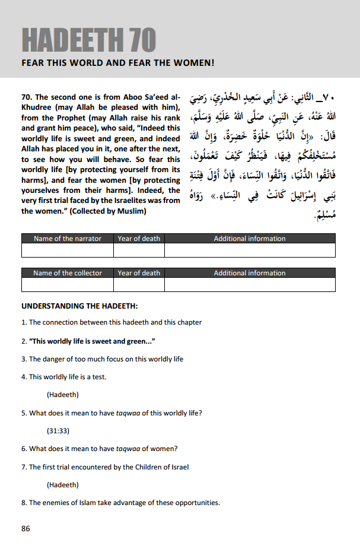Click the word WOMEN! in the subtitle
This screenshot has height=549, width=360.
pyautogui.click(x=192, y=62)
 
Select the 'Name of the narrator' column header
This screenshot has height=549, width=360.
pyautogui.click(x=68, y=239)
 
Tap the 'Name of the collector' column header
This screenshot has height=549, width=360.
pyautogui.click(x=68, y=273)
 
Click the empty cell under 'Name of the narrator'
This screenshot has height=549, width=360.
pyautogui.click(x=68, y=250)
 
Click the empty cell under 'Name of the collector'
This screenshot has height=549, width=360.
pyautogui.click(x=68, y=284)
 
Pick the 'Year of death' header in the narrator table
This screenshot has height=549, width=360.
pyautogui.click(x=139, y=239)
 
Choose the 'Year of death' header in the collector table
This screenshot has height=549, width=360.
pyautogui.click(x=139, y=273)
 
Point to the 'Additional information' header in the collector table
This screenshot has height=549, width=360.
pyautogui.click(x=250, y=273)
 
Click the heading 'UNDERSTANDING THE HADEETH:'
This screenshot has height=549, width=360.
pyautogui.click(x=79, y=306)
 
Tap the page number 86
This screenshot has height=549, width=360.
pyautogui.click(x=26, y=528)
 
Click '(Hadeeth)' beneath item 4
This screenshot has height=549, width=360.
pyautogui.click(x=63, y=395)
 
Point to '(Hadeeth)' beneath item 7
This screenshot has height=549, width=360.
pyautogui.click(x=63, y=485)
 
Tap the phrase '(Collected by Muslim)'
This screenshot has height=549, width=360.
pyautogui.click(x=111, y=211)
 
